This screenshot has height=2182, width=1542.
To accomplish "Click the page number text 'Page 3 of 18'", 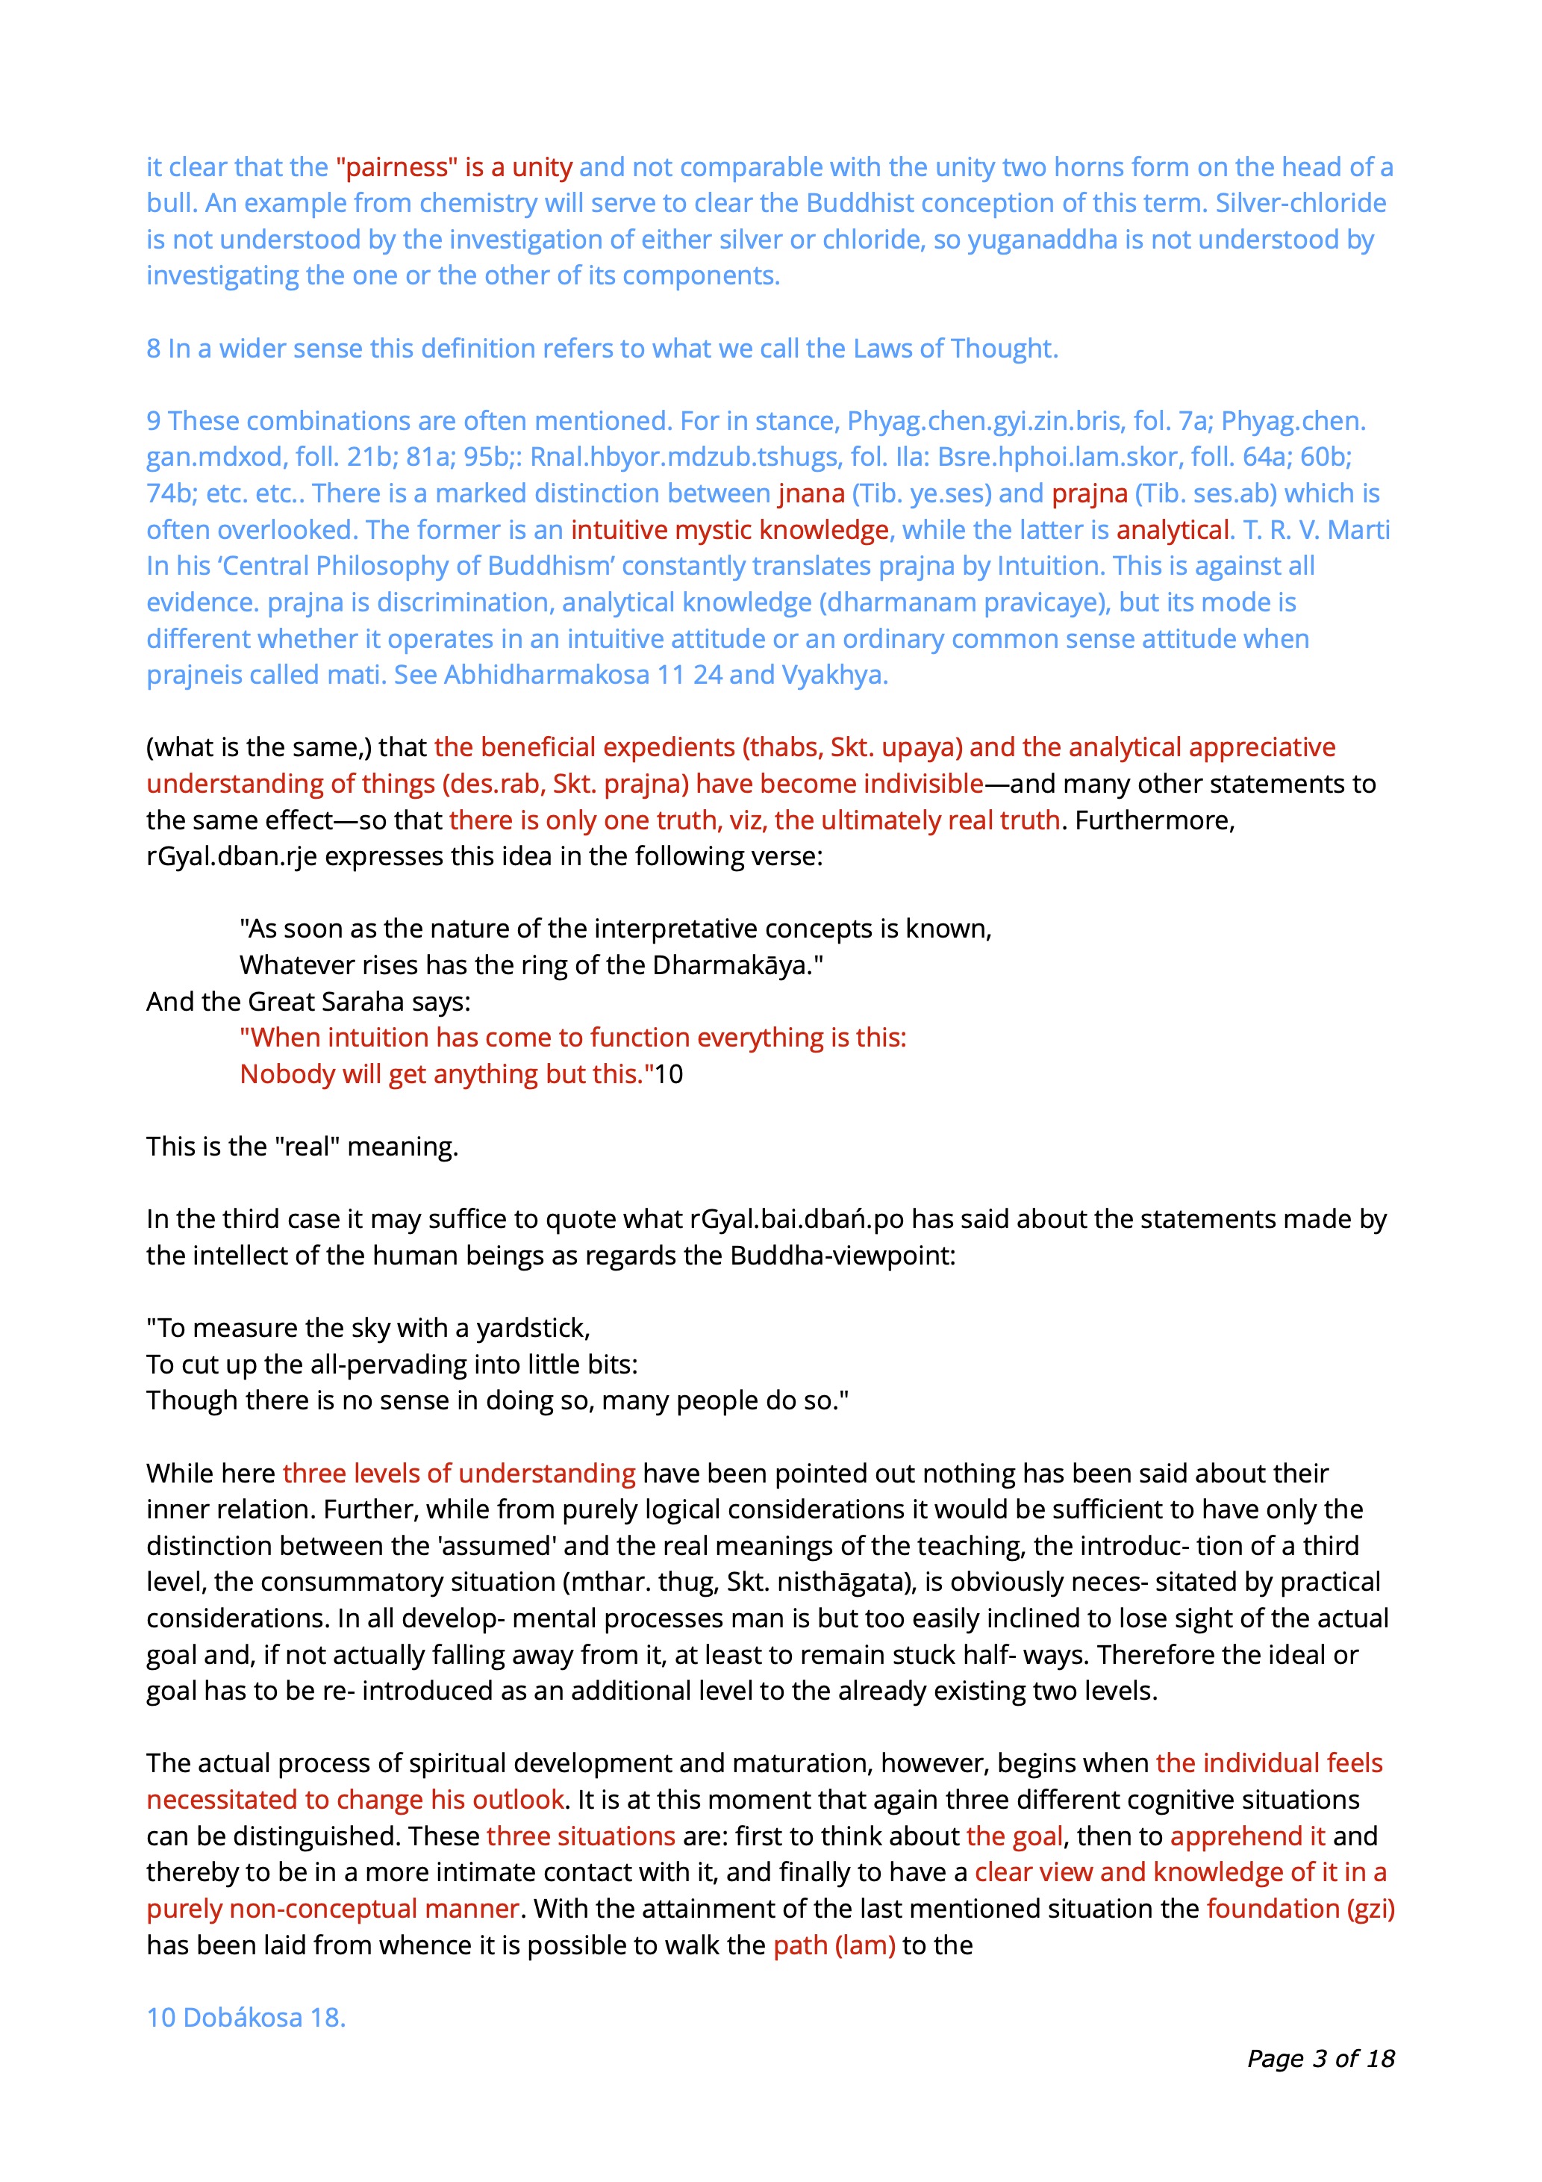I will pos(1320,2058).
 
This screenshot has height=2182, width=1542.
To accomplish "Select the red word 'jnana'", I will pos(811,493).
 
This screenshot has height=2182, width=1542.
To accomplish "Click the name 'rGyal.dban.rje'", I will pos(231,856).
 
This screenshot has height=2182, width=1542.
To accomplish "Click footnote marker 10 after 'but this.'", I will pos(669,1074).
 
